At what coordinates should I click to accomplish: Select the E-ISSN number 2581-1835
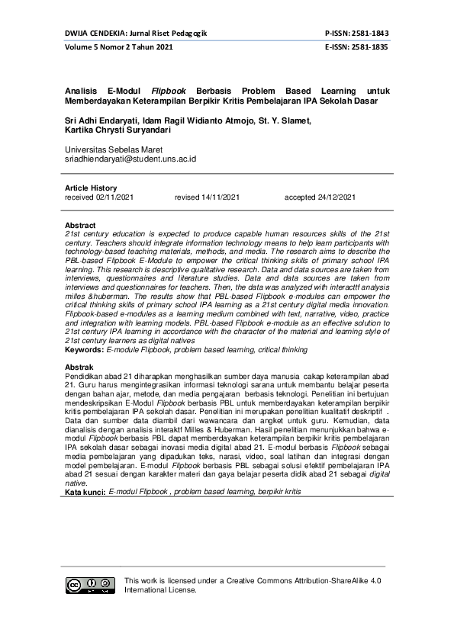[x=369, y=47]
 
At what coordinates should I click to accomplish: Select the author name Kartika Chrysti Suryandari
[x=117, y=130]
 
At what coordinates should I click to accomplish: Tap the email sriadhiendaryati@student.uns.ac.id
[x=131, y=159]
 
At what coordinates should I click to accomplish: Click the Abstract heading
[x=80, y=226]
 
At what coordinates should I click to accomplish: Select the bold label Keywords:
[x=84, y=350]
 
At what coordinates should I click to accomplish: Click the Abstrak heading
[x=79, y=368]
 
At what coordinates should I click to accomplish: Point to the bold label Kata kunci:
[x=85, y=493]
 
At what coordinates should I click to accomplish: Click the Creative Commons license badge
[x=90, y=585]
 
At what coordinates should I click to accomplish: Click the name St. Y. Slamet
[x=286, y=120]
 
